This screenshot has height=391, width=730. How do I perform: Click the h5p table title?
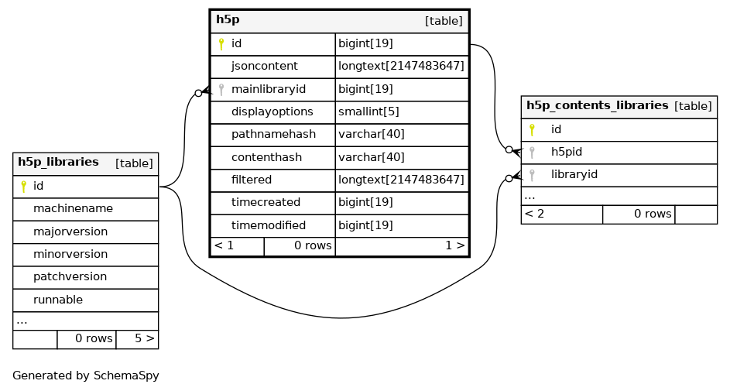(228, 19)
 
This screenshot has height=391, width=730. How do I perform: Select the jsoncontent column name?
(265, 66)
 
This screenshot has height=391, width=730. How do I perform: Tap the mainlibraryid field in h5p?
(269, 89)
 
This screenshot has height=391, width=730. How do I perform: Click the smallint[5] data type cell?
(368, 111)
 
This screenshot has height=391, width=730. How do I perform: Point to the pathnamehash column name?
(274, 134)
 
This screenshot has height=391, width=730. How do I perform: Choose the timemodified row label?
(269, 225)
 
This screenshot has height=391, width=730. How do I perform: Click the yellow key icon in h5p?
(221, 44)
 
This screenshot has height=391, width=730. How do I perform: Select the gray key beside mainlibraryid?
(221, 89)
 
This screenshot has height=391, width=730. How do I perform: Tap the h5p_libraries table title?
(58, 162)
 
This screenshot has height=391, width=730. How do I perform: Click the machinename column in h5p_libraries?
(73, 208)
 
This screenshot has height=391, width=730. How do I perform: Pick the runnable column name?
(58, 300)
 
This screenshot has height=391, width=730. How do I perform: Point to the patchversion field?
(70, 276)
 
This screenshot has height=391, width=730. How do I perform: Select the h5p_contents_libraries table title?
(598, 105)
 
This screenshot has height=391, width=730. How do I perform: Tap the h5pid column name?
(567, 152)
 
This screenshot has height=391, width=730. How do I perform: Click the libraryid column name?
(574, 174)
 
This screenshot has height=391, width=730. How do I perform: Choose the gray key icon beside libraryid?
(532, 175)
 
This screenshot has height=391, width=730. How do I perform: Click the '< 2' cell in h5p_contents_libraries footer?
(534, 214)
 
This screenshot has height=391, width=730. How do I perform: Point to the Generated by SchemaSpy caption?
(86, 376)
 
